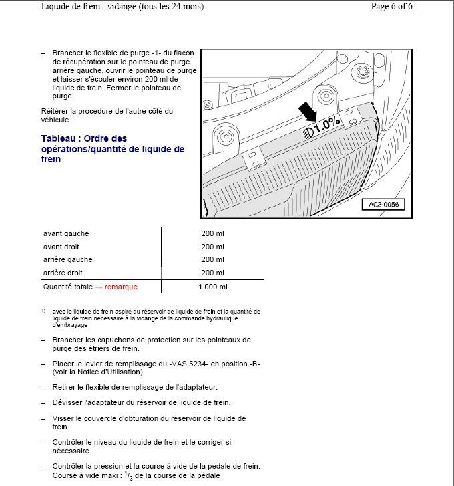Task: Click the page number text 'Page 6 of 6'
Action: coord(391,7)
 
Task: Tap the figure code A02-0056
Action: coord(383,205)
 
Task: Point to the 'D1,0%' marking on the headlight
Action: coord(322,124)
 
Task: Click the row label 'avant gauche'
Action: coord(66,233)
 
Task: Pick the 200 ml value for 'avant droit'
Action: coord(212,247)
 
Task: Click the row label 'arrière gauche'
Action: coord(68,259)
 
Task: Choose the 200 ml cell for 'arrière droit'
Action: coord(212,273)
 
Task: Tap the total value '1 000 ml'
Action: coord(213,287)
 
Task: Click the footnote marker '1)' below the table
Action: coord(43,311)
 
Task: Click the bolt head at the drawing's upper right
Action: coord(365,71)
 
